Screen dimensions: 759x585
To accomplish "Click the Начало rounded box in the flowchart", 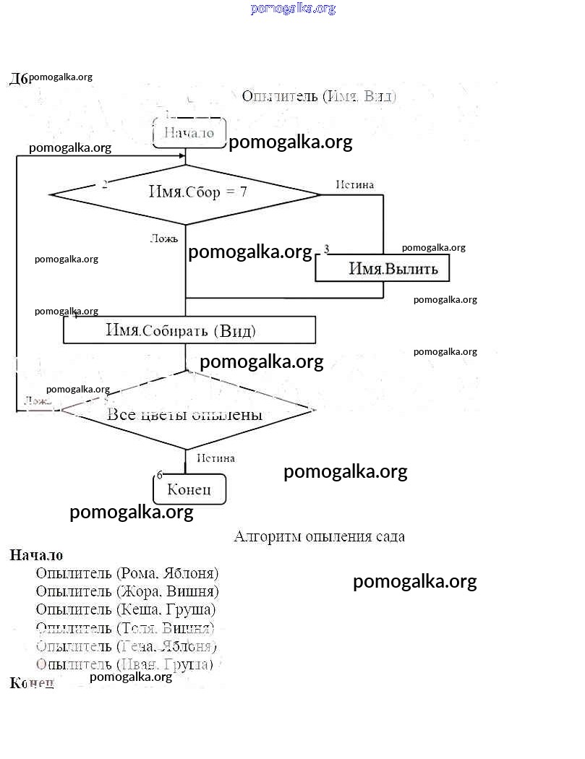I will pos(189,133).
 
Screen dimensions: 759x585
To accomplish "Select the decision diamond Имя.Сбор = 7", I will pos(185,194).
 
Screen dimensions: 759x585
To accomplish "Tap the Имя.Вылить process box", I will pos(382,270).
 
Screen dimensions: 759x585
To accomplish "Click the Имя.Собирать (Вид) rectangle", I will pos(189,330).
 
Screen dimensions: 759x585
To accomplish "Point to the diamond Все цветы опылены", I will pos(185,414).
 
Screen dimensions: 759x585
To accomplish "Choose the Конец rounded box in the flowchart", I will pos(189,489).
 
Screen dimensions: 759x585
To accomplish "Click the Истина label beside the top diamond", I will pos(354,185).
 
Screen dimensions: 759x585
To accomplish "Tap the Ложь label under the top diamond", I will pos(163,239).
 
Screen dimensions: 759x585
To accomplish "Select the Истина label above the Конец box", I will pos(215,458).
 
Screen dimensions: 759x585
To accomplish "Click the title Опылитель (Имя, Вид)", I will pos(319,96).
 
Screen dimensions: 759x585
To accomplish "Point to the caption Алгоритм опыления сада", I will pos(319,536).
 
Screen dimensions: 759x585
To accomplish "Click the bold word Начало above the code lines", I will pos(36,555).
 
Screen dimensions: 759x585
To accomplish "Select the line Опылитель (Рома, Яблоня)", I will pos(127,573).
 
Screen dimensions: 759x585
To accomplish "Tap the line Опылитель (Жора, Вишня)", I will pos(127,591).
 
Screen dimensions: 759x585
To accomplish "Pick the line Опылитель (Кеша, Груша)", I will pos(125,609).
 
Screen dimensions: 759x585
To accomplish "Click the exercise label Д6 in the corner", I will pos(19,79).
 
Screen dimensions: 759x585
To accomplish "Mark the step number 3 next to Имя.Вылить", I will pos(327,249).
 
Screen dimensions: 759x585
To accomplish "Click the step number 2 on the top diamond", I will pos(105,184).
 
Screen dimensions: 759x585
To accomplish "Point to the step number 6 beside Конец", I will pos(160,475).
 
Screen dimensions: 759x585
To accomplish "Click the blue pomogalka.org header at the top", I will pos(293,9).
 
